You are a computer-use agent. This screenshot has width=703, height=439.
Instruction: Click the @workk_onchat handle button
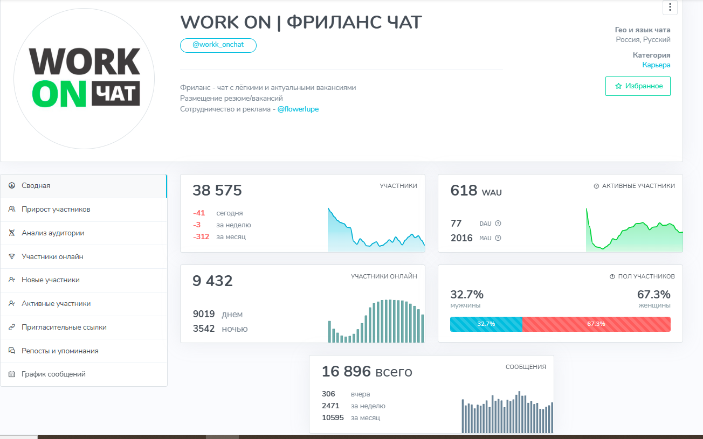tap(218, 45)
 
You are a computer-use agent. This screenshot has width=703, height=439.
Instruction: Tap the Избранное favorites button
tap(638, 86)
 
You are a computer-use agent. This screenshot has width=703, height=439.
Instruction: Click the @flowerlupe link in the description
tap(298, 109)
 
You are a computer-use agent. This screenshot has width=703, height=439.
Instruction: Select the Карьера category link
tap(656, 65)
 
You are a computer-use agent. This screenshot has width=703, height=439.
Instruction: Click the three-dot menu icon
tap(670, 7)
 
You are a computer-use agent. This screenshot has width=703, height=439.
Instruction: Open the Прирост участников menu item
tap(56, 210)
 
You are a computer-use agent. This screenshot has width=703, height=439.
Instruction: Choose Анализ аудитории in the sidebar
tap(52, 233)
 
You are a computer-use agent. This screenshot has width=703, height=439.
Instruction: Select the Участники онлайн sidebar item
tap(52, 257)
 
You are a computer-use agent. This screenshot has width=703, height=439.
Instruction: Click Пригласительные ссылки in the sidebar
tap(64, 327)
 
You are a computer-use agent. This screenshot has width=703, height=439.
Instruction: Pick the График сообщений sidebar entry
tap(53, 374)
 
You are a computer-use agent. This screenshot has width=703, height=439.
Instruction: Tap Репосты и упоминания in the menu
tap(60, 351)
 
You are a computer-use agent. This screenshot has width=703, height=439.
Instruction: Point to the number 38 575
tap(217, 191)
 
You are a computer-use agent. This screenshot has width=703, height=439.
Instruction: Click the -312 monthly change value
tap(202, 237)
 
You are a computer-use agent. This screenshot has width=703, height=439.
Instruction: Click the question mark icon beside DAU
tap(498, 224)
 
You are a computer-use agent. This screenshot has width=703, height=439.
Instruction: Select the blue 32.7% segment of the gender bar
tap(486, 324)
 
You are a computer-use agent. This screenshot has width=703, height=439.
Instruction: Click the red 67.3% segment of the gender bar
tap(596, 324)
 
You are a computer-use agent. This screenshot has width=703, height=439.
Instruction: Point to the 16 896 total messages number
tap(346, 372)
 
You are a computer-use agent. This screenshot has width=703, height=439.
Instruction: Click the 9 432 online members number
tap(212, 281)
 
